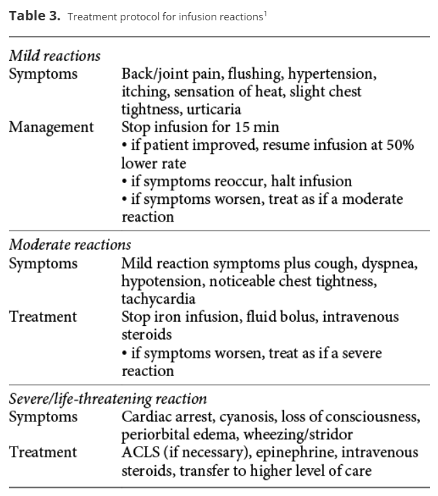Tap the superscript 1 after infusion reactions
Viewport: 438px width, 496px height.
[x=264, y=13]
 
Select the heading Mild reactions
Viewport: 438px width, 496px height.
[x=54, y=56]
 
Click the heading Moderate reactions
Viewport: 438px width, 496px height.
[x=70, y=244]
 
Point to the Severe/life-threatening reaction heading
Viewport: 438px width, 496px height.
[x=108, y=398]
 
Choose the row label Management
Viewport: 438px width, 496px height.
[x=52, y=127]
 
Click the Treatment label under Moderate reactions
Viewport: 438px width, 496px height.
[x=43, y=316]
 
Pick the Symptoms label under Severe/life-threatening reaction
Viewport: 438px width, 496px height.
[x=43, y=417]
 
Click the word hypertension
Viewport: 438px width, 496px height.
[x=332, y=73]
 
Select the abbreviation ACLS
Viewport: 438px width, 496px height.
[x=140, y=452]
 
